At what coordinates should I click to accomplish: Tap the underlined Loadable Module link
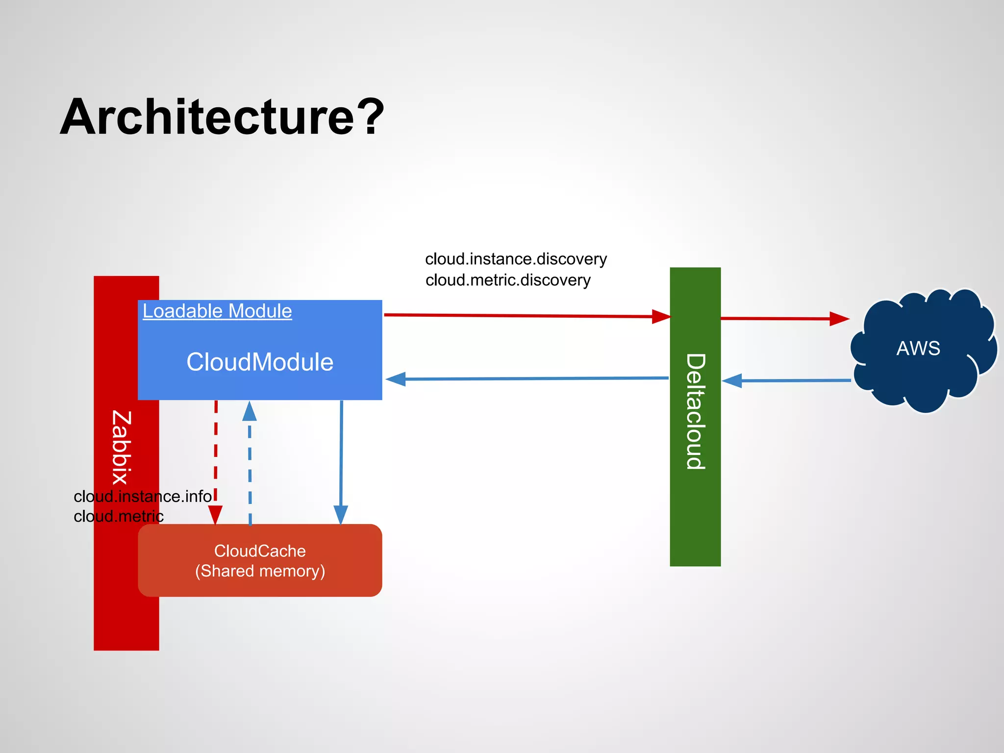pos(217,311)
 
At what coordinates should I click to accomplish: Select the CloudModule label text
pos(260,362)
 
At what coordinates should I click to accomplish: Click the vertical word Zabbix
pos(121,447)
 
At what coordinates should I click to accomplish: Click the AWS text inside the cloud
pos(918,349)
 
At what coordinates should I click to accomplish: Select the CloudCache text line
pos(260,551)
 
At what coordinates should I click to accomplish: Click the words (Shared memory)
pos(260,571)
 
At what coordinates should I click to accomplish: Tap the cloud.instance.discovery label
pos(516,259)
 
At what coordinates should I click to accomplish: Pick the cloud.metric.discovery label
pos(508,280)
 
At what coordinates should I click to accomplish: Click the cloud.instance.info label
pos(143,497)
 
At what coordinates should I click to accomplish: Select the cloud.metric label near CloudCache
pos(119,516)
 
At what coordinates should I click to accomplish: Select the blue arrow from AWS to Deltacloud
pos(787,380)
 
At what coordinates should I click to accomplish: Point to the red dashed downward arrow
pos(216,461)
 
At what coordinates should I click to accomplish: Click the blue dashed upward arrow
pos(250,466)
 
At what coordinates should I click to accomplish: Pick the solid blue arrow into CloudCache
pos(341,461)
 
